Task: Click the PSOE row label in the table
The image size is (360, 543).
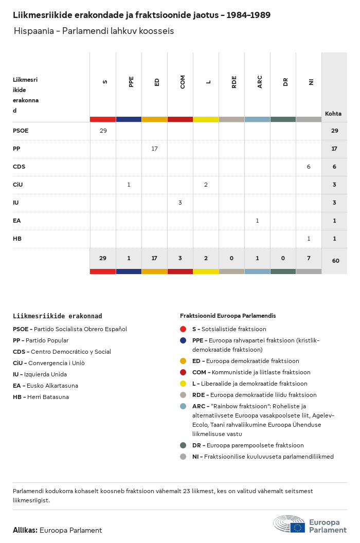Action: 21,131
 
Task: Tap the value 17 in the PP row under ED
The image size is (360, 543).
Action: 154,149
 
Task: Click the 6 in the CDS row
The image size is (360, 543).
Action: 309,167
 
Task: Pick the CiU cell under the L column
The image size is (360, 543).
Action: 206,185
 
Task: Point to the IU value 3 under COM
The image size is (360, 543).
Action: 180,203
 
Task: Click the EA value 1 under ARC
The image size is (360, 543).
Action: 257,221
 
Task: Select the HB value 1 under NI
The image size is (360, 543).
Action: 309,239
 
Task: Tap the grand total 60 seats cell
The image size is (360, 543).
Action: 335,261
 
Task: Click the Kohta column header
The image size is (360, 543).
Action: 333,114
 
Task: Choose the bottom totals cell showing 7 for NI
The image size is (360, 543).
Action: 309,258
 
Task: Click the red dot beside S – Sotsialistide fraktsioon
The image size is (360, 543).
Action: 183,329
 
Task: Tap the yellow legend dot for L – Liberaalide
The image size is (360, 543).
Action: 183,384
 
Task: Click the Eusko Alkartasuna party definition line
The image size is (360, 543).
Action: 45,386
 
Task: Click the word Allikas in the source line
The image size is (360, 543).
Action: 25,530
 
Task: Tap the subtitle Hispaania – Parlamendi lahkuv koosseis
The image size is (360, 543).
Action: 94,31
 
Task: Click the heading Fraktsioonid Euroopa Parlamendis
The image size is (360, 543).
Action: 228,316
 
